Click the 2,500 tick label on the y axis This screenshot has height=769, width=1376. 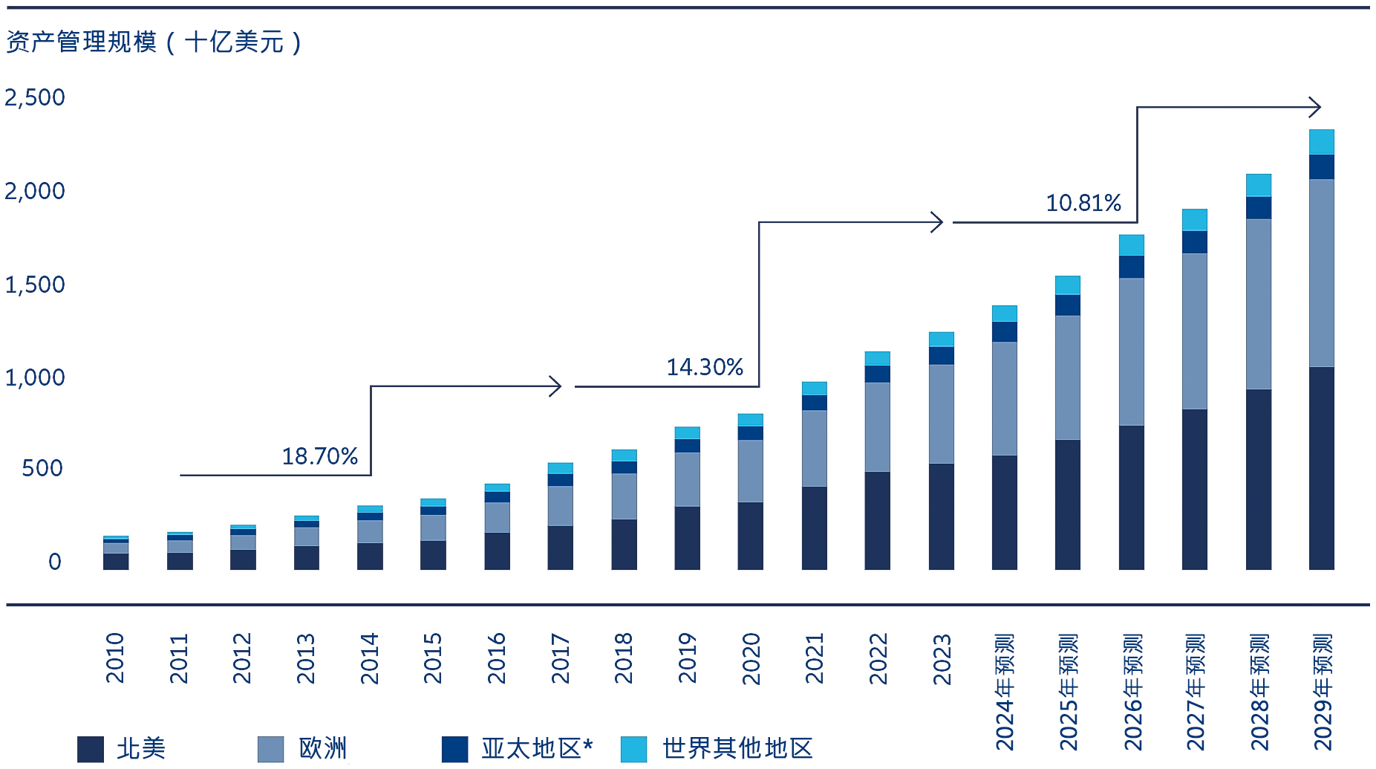35,97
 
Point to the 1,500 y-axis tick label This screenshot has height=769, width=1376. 35,285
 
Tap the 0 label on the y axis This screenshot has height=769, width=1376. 54,562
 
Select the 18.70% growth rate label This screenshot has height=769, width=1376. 320,456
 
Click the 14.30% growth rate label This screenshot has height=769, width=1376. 705,367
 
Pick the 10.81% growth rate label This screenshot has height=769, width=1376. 1083,203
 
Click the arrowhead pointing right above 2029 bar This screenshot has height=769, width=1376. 1315,108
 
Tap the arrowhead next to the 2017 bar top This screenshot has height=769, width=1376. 555,386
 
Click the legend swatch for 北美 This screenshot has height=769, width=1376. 91,749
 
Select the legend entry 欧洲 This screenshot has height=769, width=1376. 322,748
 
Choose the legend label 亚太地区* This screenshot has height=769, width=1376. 537,748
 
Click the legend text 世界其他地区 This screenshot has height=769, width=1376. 737,748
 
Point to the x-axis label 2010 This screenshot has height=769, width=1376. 115,658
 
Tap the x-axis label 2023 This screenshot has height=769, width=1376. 942,659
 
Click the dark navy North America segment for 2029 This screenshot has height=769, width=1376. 1321,468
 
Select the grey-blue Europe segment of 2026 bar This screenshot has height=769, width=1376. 1131,351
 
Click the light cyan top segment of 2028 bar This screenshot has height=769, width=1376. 1258,185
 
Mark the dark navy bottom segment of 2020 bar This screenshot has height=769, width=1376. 750,536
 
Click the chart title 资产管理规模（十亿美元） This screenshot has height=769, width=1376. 154,42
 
